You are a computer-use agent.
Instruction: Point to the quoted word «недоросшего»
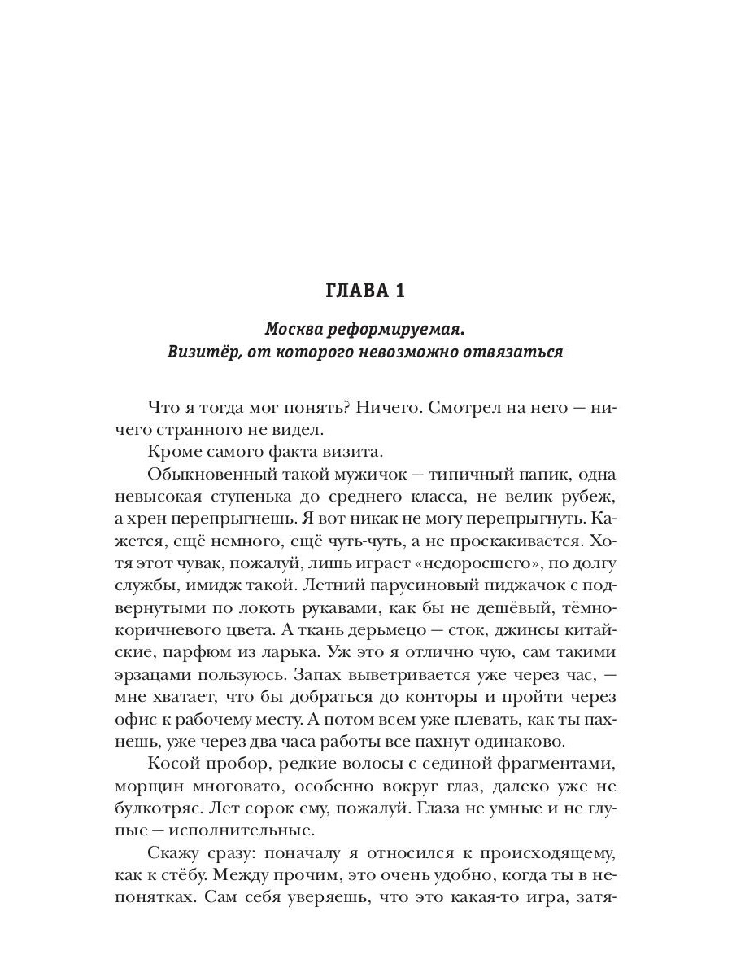tap(464, 543)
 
